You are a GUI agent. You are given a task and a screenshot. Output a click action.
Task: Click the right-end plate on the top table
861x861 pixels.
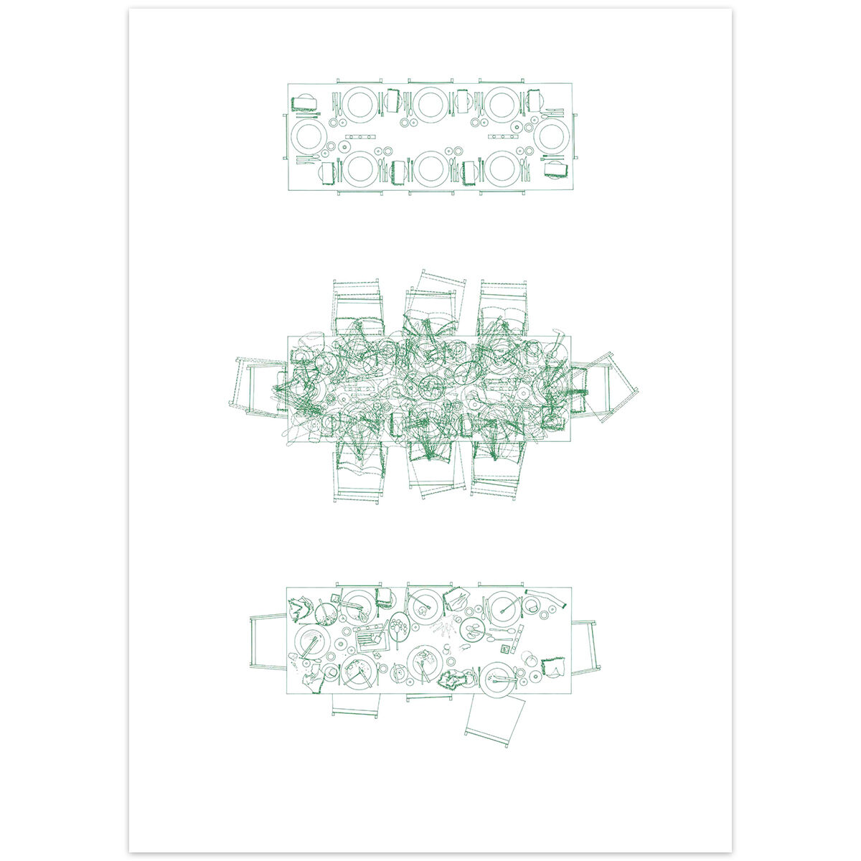pyautogui.click(x=552, y=136)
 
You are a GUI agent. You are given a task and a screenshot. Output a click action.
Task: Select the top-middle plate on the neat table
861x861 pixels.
pyautogui.click(x=430, y=104)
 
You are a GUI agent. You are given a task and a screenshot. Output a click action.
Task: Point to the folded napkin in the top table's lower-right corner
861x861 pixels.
pyautogui.click(x=555, y=169)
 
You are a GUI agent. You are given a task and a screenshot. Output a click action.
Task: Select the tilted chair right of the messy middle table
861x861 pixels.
pyautogui.click(x=607, y=385)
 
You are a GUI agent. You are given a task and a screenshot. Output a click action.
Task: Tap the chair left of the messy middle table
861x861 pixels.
pyautogui.click(x=258, y=387)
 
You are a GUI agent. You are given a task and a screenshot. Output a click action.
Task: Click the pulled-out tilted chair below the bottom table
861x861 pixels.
pyautogui.click(x=494, y=720)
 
